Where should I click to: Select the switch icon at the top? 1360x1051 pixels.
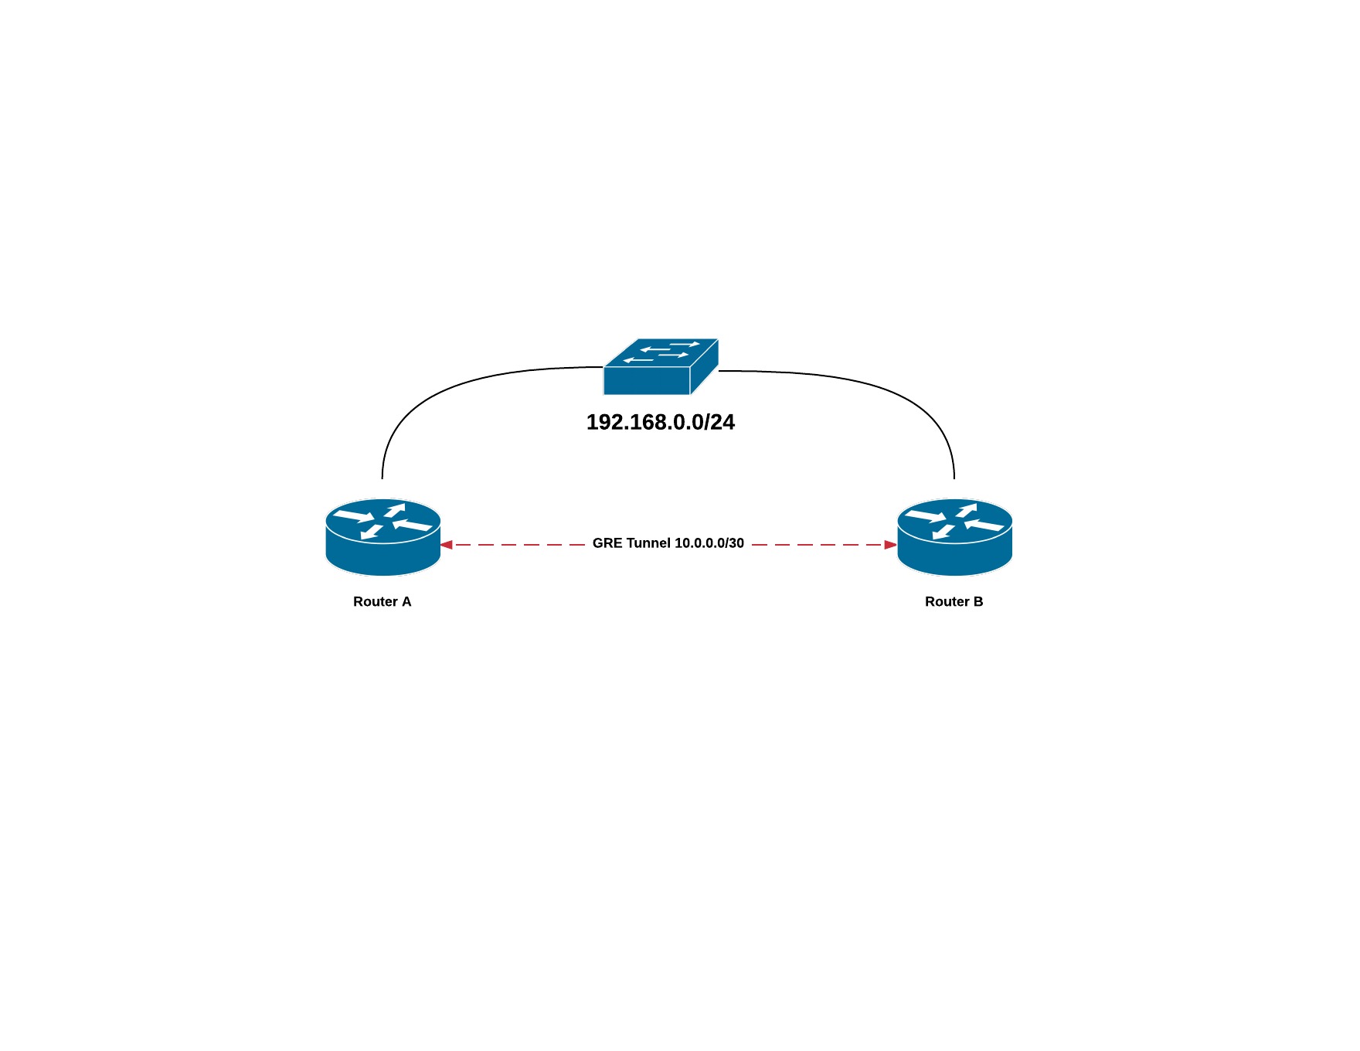pyautogui.click(x=661, y=367)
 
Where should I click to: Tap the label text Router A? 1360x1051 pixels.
pyautogui.click(x=382, y=601)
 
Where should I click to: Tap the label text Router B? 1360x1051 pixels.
pyautogui.click(x=954, y=601)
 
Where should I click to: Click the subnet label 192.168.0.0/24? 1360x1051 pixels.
pyautogui.click(x=660, y=422)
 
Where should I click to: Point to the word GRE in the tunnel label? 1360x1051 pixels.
pyautogui.click(x=607, y=543)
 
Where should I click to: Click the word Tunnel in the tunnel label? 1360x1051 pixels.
pyautogui.click(x=649, y=543)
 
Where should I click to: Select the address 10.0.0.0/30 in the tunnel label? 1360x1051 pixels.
pyautogui.click(x=709, y=543)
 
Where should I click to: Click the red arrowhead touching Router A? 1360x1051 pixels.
pyautogui.click(x=447, y=545)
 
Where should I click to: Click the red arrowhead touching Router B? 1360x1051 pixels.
pyautogui.click(x=890, y=545)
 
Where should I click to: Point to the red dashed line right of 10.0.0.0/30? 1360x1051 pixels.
pyautogui.click(x=819, y=545)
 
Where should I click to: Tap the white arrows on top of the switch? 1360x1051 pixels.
pyautogui.click(x=661, y=352)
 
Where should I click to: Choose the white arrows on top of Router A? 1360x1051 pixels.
pyautogui.click(x=382, y=521)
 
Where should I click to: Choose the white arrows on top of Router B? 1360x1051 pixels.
pyautogui.click(x=954, y=521)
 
